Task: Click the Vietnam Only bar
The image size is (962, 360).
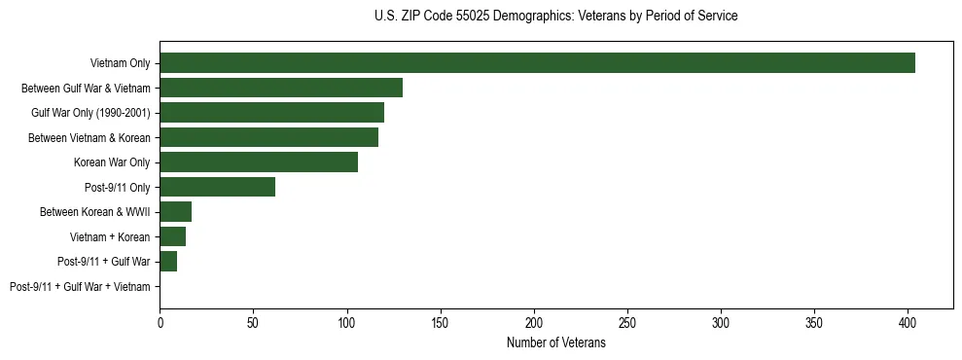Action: tap(537, 63)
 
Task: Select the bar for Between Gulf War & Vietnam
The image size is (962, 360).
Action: tap(281, 88)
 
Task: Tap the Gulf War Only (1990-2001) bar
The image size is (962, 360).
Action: tap(271, 113)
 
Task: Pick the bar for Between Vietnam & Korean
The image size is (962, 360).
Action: tap(268, 137)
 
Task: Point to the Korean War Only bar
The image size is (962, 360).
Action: tap(259, 162)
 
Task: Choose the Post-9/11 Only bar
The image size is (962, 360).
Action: tap(217, 187)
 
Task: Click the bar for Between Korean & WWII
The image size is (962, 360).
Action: tap(175, 212)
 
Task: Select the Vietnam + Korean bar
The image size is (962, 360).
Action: tap(172, 236)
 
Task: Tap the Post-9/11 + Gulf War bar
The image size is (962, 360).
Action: tap(168, 262)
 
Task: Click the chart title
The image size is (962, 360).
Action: tap(555, 17)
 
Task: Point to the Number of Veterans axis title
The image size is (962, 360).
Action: tap(555, 342)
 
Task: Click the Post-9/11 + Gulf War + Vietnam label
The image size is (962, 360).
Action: tap(80, 287)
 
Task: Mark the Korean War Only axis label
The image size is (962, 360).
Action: tap(112, 162)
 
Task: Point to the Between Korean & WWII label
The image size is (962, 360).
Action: tap(95, 212)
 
